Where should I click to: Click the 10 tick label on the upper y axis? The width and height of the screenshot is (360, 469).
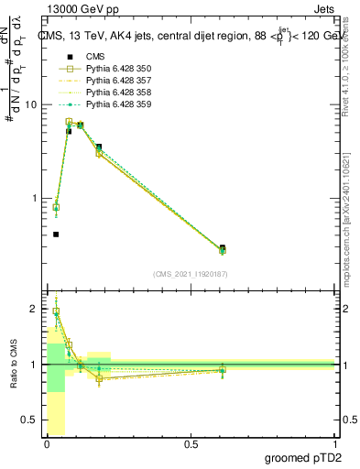[x=30, y=104]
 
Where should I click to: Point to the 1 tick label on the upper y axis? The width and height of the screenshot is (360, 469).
[x=33, y=198]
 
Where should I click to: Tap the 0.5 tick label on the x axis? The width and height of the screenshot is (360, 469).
[x=191, y=444]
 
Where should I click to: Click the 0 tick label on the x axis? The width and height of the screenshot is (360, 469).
[x=47, y=444]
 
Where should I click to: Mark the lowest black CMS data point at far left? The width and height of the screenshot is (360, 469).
[x=56, y=234]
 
